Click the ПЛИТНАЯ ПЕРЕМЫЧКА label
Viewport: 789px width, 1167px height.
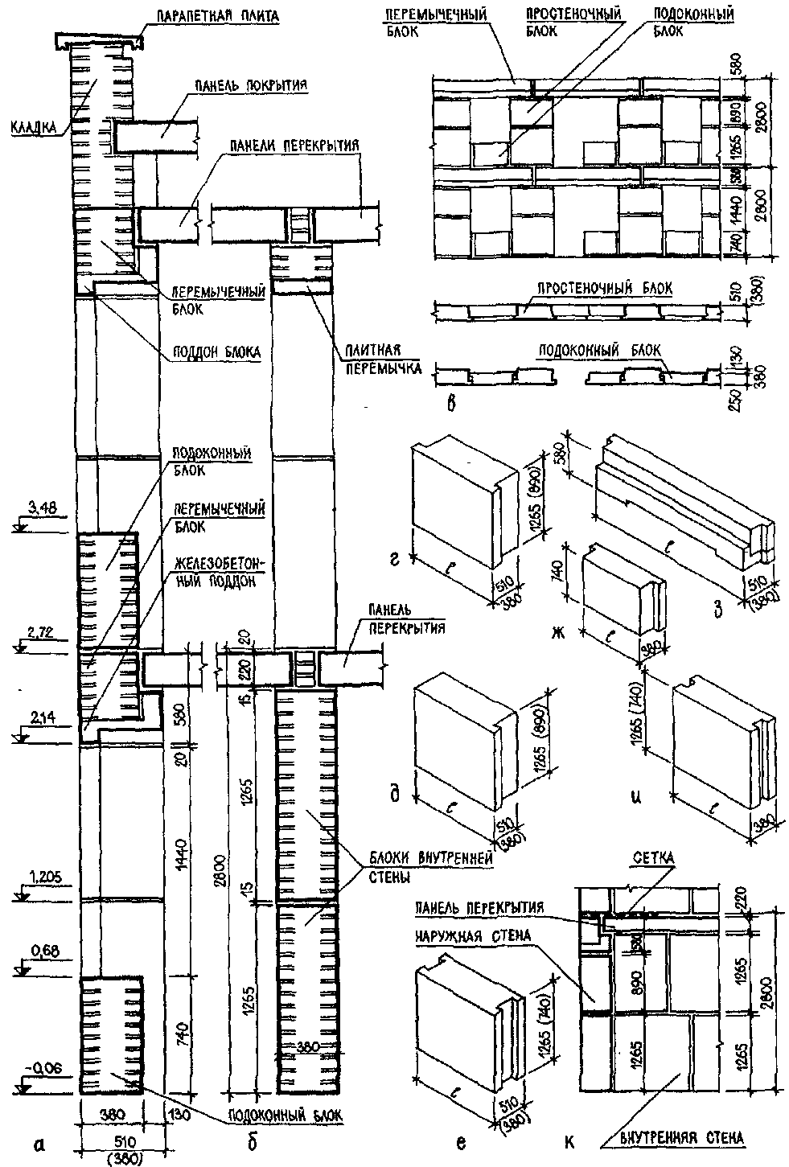384,361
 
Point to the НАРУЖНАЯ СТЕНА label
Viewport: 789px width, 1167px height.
474,936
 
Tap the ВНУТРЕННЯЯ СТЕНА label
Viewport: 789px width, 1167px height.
680,1136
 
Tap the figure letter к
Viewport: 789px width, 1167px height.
569,1140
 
